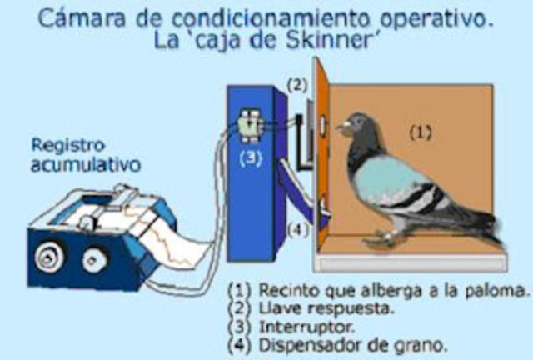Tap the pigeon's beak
(341, 128)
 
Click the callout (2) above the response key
(297, 86)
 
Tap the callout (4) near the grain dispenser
(297, 227)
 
